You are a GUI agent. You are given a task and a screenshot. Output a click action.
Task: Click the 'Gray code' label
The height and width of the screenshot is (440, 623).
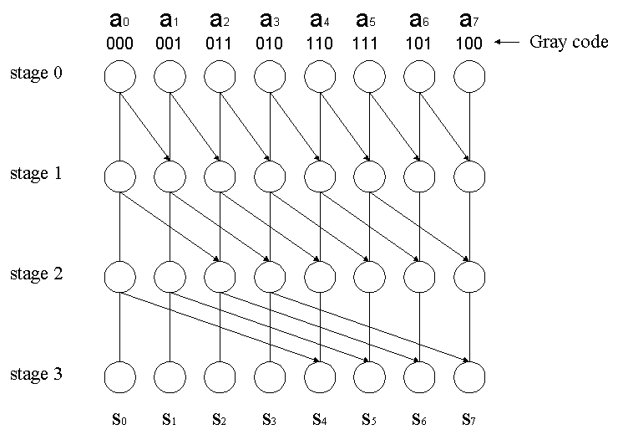point(569,43)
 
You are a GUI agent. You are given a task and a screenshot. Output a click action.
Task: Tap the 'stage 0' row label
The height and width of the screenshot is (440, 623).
point(36,74)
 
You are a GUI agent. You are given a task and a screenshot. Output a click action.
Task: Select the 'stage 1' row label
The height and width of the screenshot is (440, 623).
point(36,174)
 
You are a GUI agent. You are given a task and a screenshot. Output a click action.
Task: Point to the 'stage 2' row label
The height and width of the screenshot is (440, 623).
point(36,274)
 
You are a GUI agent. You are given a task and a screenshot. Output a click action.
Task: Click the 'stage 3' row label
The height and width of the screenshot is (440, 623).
point(36,375)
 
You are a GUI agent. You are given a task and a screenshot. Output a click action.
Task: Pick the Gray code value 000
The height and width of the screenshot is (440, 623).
point(120,44)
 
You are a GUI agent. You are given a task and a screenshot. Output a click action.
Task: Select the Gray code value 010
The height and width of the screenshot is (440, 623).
point(270,44)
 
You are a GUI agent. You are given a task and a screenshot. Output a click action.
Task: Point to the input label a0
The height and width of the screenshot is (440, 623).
point(121,18)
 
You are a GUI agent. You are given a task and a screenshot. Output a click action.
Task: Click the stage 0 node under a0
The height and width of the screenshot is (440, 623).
point(120,78)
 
